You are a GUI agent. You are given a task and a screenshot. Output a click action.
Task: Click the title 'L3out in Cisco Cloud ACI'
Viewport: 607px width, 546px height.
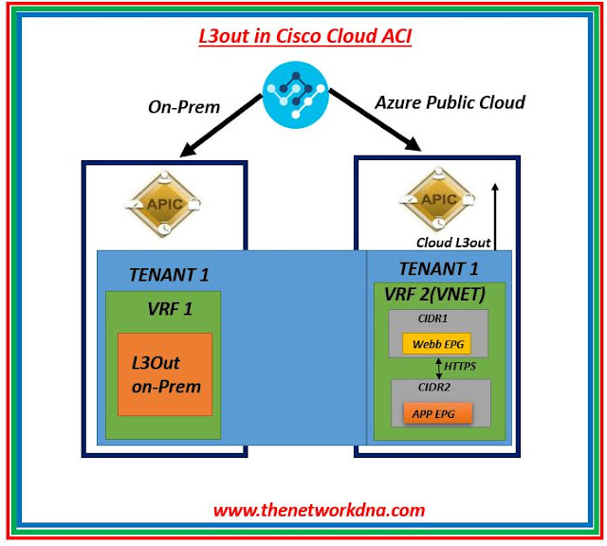[x=304, y=36]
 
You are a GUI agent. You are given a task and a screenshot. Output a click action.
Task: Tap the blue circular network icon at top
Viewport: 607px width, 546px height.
[x=296, y=95]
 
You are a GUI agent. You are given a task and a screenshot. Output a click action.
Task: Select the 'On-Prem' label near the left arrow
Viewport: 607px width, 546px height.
[x=184, y=107]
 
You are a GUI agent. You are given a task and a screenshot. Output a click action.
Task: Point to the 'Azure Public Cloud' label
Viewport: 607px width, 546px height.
[x=450, y=102]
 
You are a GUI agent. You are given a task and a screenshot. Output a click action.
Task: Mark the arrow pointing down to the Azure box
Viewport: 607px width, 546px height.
[x=376, y=120]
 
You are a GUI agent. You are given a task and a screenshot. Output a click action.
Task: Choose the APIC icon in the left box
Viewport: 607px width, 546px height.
[x=164, y=204]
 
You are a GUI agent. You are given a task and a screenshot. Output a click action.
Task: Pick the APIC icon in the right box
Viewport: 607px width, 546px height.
[x=438, y=199]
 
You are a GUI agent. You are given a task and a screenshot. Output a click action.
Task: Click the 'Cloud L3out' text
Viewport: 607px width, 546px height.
[x=453, y=243]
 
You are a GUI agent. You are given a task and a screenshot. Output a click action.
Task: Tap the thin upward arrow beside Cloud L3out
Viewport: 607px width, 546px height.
[x=495, y=216]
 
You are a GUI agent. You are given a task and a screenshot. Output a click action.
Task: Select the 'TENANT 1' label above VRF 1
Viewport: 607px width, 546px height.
[x=169, y=275]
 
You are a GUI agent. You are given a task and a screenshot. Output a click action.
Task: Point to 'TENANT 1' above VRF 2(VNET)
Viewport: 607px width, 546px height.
[x=438, y=268]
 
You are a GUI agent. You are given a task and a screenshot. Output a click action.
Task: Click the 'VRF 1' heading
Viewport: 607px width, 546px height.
[x=170, y=309]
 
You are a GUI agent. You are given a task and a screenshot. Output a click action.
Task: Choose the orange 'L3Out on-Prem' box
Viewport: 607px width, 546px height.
[x=165, y=374]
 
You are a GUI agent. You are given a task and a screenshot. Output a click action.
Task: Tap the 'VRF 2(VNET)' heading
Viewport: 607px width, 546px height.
[x=434, y=295]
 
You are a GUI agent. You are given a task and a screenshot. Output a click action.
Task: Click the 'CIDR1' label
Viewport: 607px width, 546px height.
[x=432, y=318]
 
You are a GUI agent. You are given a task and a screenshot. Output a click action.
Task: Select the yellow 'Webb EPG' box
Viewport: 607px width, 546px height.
[x=436, y=344]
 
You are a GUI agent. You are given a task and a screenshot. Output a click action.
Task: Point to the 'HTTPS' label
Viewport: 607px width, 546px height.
[x=460, y=366]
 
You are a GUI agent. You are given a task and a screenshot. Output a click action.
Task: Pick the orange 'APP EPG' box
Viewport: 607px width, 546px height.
[x=438, y=413]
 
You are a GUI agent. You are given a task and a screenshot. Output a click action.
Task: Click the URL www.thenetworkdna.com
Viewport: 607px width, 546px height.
[x=319, y=510]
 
